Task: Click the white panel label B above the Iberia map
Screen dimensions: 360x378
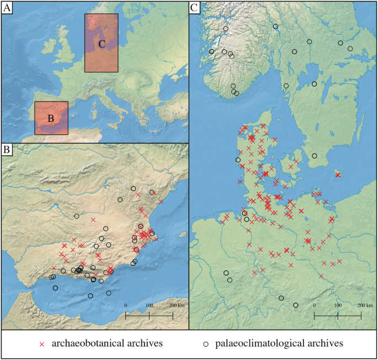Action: pyautogui.click(x=7, y=150)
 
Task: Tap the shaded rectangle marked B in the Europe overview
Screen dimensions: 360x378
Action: pyautogui.click(x=51, y=118)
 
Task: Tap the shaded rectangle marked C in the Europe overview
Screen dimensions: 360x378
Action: pyautogui.click(x=101, y=43)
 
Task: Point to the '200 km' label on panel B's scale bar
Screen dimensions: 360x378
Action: pyautogui.click(x=176, y=305)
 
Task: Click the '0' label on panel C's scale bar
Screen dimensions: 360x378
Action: pyautogui.click(x=314, y=305)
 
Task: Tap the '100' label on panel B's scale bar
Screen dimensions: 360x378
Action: pyautogui.click(x=149, y=305)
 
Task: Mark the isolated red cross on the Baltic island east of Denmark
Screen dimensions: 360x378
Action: pyautogui.click(x=338, y=174)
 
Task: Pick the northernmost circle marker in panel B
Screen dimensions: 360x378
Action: pyautogui.click(x=133, y=188)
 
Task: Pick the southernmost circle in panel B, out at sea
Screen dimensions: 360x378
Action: pyautogui.click(x=90, y=296)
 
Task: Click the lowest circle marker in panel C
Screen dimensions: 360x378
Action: pyautogui.click(x=296, y=305)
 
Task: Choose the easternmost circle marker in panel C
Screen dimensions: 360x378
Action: pyautogui.click(x=350, y=49)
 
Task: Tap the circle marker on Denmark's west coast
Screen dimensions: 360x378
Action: pyautogui.click(x=238, y=160)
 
